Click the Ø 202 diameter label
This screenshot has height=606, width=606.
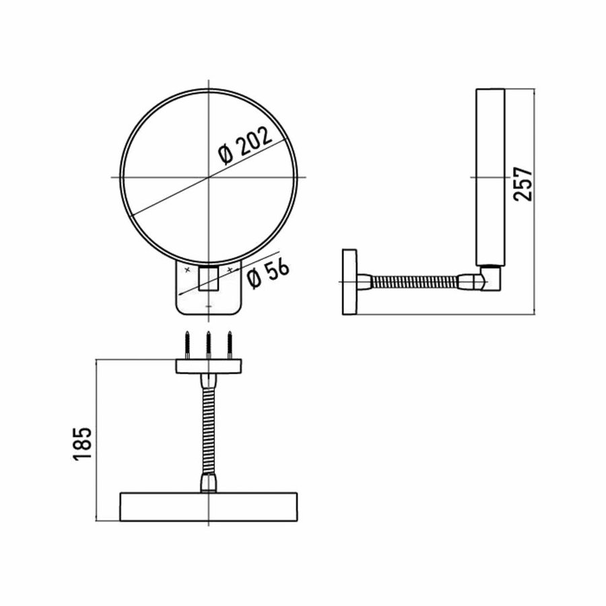tap(246, 145)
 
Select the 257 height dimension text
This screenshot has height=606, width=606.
tap(524, 183)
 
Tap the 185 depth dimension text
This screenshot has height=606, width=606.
tap(81, 442)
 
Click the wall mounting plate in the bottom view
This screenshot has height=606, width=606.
tap(209, 366)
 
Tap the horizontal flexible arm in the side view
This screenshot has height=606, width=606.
tap(414, 281)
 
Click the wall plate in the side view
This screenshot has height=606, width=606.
tap(349, 281)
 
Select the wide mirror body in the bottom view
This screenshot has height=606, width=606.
tap(209, 507)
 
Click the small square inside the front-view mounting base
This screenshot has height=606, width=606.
tap(209, 278)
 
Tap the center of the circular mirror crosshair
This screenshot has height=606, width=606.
tap(209, 177)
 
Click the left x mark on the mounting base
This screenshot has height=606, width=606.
tap(187, 269)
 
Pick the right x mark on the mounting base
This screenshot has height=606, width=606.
tap(230, 269)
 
